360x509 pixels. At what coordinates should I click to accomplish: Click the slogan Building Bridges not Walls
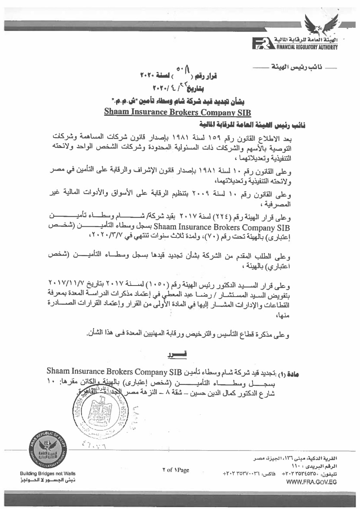pyautogui.click(x=48, y=474)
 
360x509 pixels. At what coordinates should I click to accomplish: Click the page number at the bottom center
pyautogui.click(x=175, y=470)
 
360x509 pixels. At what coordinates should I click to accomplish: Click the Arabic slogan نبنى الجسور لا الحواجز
pyautogui.click(x=48, y=480)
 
